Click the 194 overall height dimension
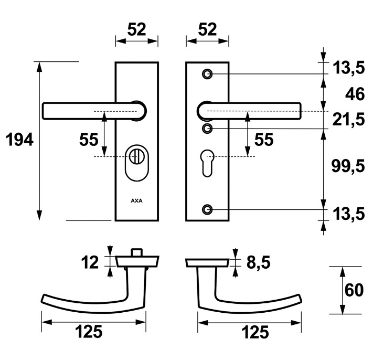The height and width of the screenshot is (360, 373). pos(19,140)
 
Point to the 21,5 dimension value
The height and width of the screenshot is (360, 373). pos(348,120)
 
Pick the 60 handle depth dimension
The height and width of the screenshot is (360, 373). pos(355,290)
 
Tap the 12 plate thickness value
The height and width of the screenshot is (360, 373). pos(90,262)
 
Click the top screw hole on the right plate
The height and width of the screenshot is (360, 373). pos(208,74)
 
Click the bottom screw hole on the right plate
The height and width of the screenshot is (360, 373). pos(208,209)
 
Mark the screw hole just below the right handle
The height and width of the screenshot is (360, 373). pos(208,128)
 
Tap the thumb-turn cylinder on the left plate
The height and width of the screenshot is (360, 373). pos(136,157)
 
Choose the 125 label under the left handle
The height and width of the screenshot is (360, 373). pos(88,332)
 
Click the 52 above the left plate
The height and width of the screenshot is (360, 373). pos(136,30)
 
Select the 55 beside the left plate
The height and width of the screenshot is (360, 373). pos(89,140)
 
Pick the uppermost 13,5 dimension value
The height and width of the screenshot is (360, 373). pos(348,67)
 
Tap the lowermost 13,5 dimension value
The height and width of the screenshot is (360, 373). pos(348,214)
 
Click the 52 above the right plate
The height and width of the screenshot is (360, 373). pos(208,30)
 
